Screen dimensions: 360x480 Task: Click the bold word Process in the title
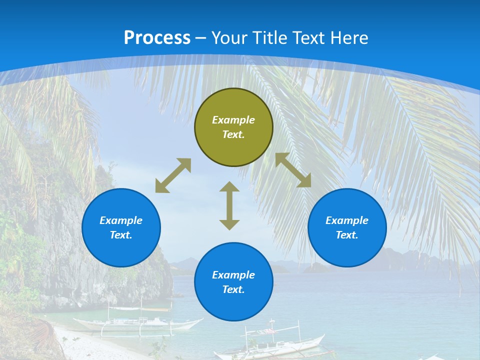tap(157, 38)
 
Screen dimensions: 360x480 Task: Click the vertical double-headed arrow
tap(229, 205)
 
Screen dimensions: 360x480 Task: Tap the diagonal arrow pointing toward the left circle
tap(173, 175)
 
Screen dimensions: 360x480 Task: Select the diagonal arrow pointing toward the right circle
tap(293, 170)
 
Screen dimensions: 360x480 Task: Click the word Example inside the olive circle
tap(233, 120)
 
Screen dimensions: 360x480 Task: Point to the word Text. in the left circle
tap(121, 235)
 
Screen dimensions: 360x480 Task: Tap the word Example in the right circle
tap(347, 220)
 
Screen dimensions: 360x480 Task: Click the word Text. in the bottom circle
tap(233, 289)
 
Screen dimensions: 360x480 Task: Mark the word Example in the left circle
tap(121, 220)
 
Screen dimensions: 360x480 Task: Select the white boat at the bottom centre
tap(270, 344)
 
